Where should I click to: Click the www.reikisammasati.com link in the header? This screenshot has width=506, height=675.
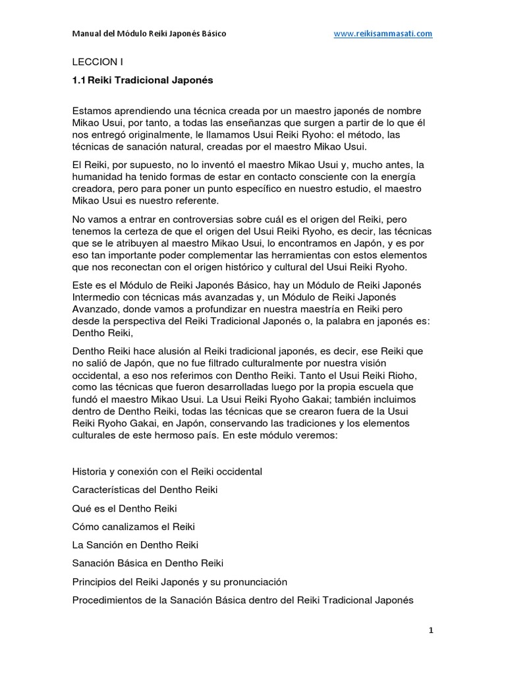coord(383,34)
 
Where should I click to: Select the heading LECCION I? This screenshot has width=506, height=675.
coord(97,63)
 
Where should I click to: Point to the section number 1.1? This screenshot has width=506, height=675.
coord(78,80)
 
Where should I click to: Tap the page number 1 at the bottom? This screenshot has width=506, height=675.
coord(430,630)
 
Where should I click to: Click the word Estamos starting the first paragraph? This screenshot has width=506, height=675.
coord(92,110)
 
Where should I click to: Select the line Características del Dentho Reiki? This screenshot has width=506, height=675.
coord(144,490)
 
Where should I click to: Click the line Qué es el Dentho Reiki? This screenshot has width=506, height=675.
coord(124,508)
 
